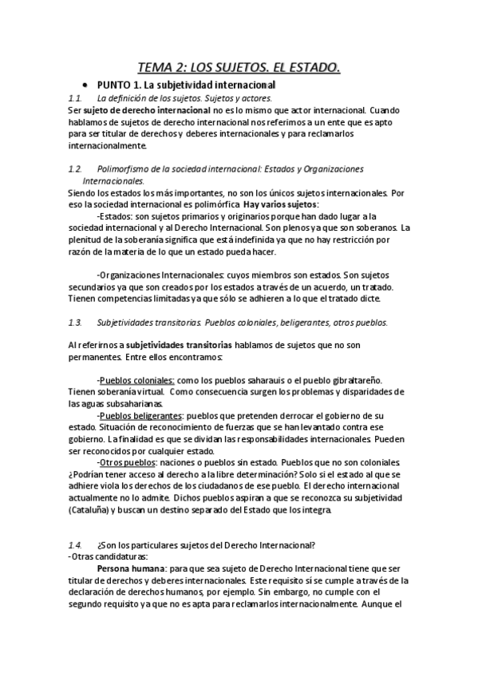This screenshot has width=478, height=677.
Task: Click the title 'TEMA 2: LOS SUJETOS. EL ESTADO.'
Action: pos(239,69)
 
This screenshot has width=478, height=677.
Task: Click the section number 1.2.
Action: pos(76,169)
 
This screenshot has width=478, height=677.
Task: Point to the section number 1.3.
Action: pos(76,323)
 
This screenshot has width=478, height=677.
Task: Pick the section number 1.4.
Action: pos(76,544)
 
